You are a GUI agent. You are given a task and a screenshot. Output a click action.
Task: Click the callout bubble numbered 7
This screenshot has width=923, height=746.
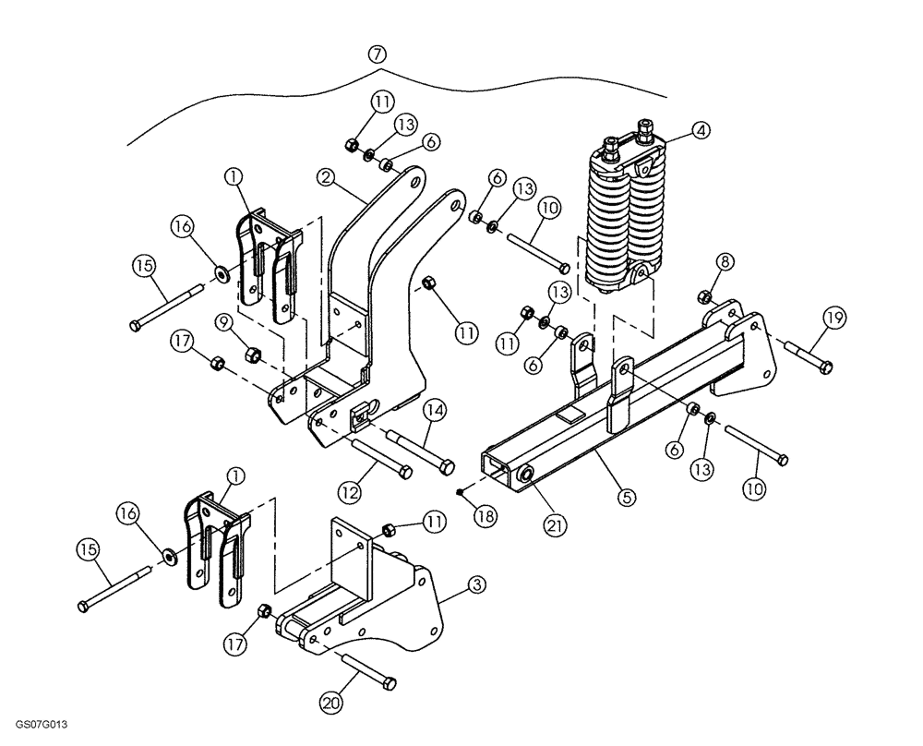(x=376, y=53)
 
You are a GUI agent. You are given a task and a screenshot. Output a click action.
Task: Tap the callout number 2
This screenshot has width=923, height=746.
(x=324, y=175)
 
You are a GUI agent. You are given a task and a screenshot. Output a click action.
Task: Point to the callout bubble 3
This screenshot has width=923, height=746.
(x=476, y=584)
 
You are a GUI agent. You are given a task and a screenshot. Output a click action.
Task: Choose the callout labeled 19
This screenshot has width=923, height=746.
(x=834, y=319)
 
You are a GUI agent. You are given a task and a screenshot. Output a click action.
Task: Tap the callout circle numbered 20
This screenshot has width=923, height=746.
(x=330, y=702)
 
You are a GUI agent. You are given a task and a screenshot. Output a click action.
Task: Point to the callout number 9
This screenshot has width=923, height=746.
(x=224, y=322)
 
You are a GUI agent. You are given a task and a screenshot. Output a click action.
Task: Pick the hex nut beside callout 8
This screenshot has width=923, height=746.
(x=703, y=296)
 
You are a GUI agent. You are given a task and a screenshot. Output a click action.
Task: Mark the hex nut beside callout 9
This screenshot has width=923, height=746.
(x=251, y=354)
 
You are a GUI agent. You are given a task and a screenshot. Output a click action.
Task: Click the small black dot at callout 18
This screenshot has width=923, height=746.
(x=460, y=492)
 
